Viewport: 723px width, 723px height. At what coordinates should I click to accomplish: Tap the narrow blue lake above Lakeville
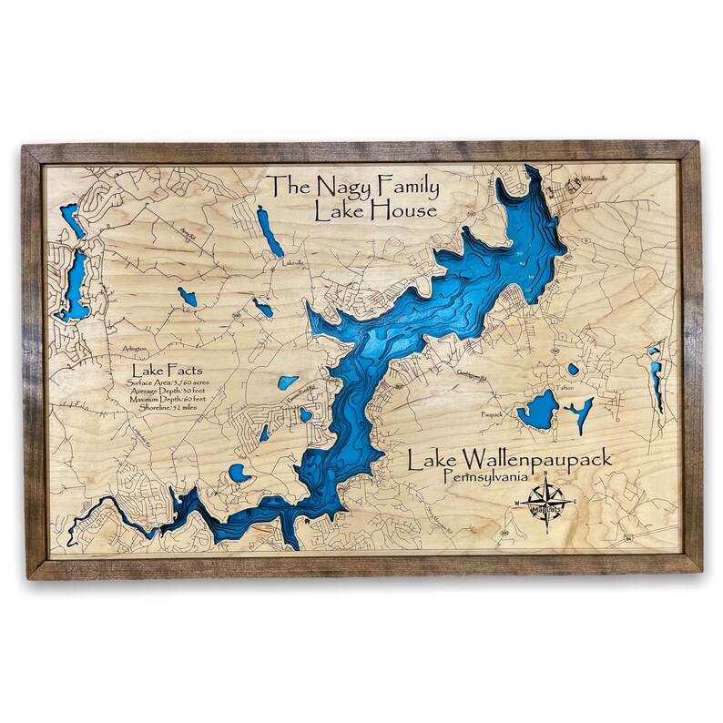[270, 231]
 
